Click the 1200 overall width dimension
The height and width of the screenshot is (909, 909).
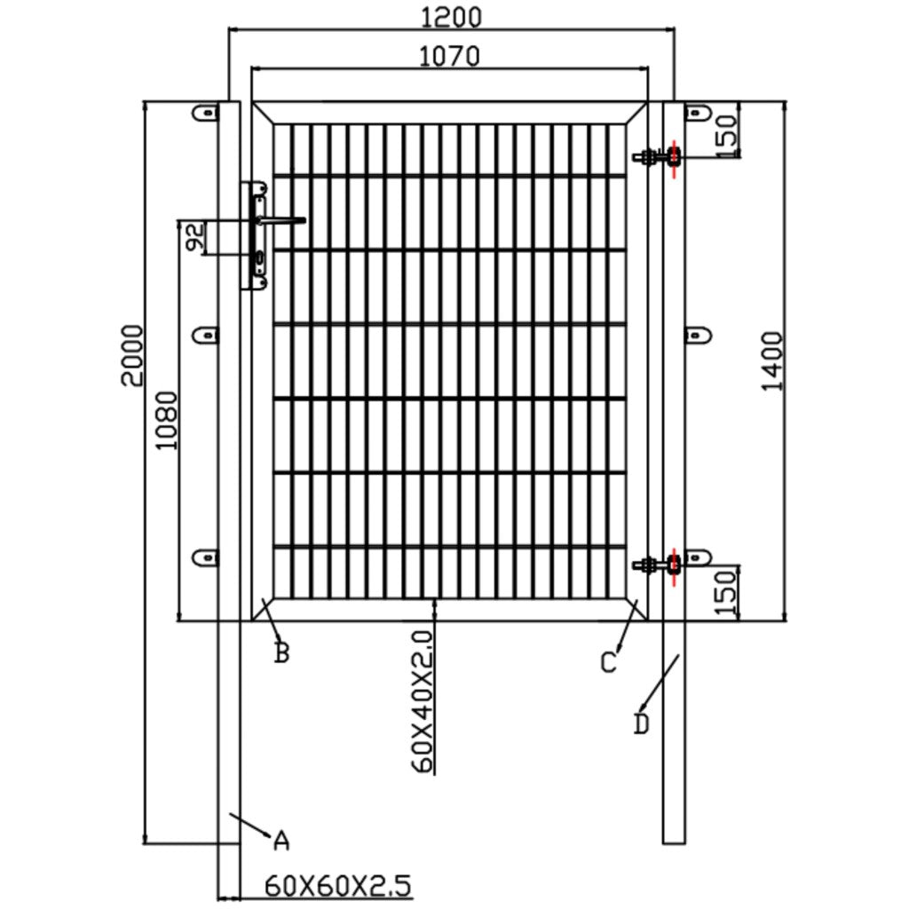click(x=451, y=16)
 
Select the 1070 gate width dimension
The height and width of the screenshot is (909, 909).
click(x=449, y=56)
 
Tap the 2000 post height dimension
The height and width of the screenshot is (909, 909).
click(x=133, y=355)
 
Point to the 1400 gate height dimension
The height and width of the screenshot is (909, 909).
click(x=772, y=360)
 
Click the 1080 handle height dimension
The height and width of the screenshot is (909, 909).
click(x=167, y=420)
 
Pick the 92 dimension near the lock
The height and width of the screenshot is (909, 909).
click(x=195, y=236)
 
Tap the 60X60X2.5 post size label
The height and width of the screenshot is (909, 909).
click(x=337, y=885)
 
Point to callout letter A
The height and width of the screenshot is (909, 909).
click(x=281, y=840)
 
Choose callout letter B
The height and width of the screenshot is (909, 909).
click(x=281, y=653)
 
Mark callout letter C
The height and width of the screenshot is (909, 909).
click(x=608, y=662)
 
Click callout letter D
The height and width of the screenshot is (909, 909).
click(x=642, y=724)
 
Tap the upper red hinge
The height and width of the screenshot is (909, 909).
click(x=675, y=158)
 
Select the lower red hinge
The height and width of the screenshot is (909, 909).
click(x=675, y=563)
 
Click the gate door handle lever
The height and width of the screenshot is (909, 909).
click(x=282, y=220)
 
